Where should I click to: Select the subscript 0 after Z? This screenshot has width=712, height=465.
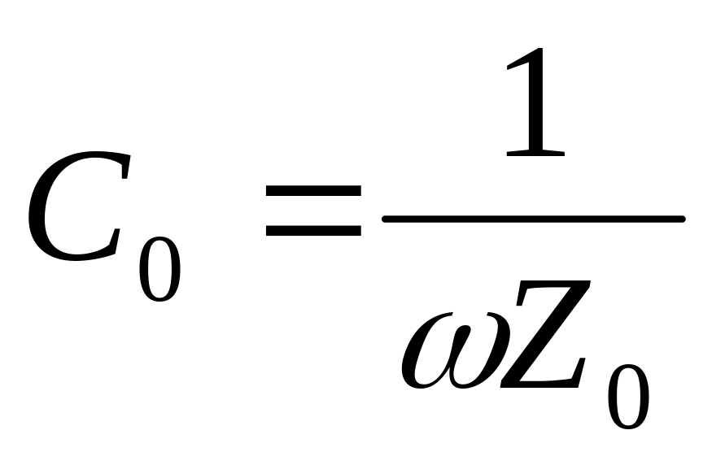[629, 394]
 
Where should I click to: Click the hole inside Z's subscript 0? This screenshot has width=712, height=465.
[629, 394]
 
